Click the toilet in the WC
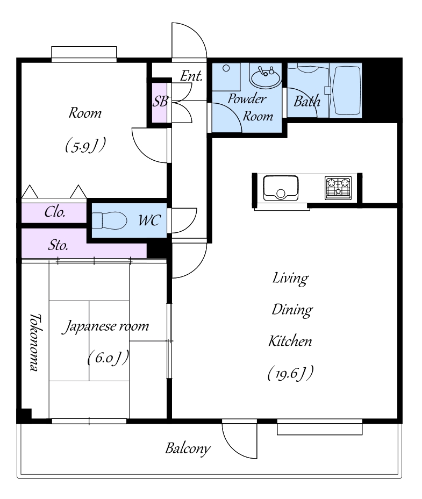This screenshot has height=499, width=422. coord(110,220)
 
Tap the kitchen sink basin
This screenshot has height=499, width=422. coord(281,188)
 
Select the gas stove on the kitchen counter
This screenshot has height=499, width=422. coord(338,188)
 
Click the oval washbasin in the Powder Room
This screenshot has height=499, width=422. coord(266,77)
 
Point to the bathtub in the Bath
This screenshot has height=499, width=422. coord(346,90)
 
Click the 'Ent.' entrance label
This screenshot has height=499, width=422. coord(191,76)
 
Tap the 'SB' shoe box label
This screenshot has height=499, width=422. coord(160,102)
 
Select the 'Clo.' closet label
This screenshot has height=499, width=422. coord(55,212)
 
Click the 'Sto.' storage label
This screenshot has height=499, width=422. coord(58,245)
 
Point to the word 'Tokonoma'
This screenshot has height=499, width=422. coord(35,343)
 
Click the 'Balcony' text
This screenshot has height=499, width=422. coord(188,448)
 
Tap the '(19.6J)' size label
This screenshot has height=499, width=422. coord(291,373)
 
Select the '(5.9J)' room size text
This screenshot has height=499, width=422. coord(85,145)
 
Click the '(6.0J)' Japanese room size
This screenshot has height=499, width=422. coord(108,358)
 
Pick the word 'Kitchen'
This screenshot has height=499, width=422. coord(290,341)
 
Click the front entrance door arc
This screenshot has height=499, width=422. coord(189,41)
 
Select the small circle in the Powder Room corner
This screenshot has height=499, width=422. coord(226,68)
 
